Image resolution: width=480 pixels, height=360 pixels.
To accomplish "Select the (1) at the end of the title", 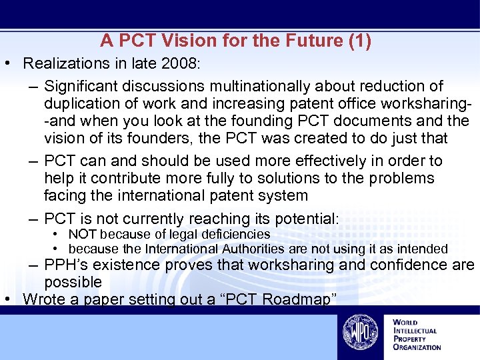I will (359, 41).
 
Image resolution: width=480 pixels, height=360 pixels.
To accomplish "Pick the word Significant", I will (83, 87).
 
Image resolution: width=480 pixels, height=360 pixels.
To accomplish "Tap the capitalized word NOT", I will (83, 234).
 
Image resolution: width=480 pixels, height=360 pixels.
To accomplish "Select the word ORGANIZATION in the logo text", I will (417, 347).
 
